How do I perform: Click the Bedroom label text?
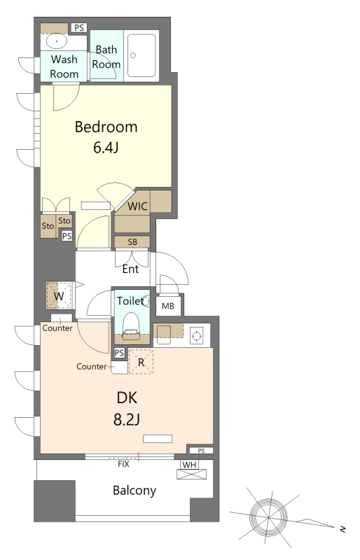[106, 127]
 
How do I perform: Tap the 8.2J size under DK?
[127, 419]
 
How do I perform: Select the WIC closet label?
[138, 206]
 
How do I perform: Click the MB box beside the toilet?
[168, 306]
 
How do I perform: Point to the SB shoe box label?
[132, 241]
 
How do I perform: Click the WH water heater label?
[190, 465]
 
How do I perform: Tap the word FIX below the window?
[123, 464]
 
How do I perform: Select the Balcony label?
[134, 491]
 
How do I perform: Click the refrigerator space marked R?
[141, 362]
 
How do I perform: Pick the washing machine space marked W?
[59, 295]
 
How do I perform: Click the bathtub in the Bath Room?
[142, 55]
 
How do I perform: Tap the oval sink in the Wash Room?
[57, 41]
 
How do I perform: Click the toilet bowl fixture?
[130, 323]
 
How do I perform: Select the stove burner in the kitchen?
[196, 336]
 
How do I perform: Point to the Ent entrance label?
[130, 269]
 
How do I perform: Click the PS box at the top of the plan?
[79, 27]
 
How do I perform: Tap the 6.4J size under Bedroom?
[106, 147]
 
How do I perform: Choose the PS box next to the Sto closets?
[67, 236]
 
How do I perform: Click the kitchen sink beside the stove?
[164, 335]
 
